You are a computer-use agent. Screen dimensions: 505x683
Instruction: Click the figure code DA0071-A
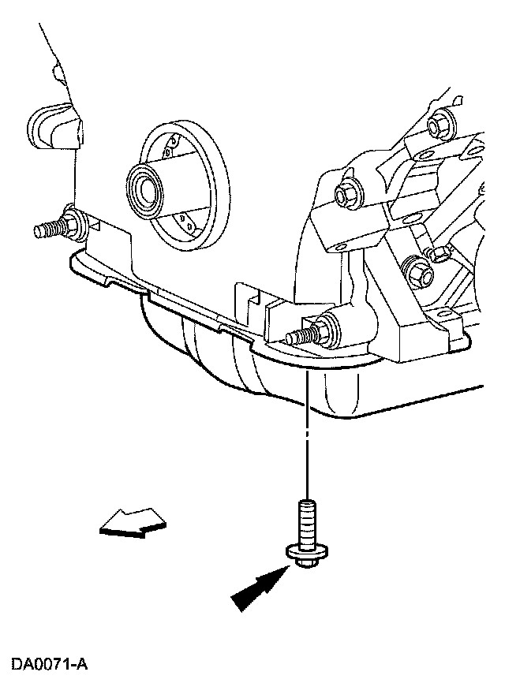pyautogui.click(x=49, y=664)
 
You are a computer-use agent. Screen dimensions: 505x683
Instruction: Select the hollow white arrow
pyautogui.click(x=132, y=522)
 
